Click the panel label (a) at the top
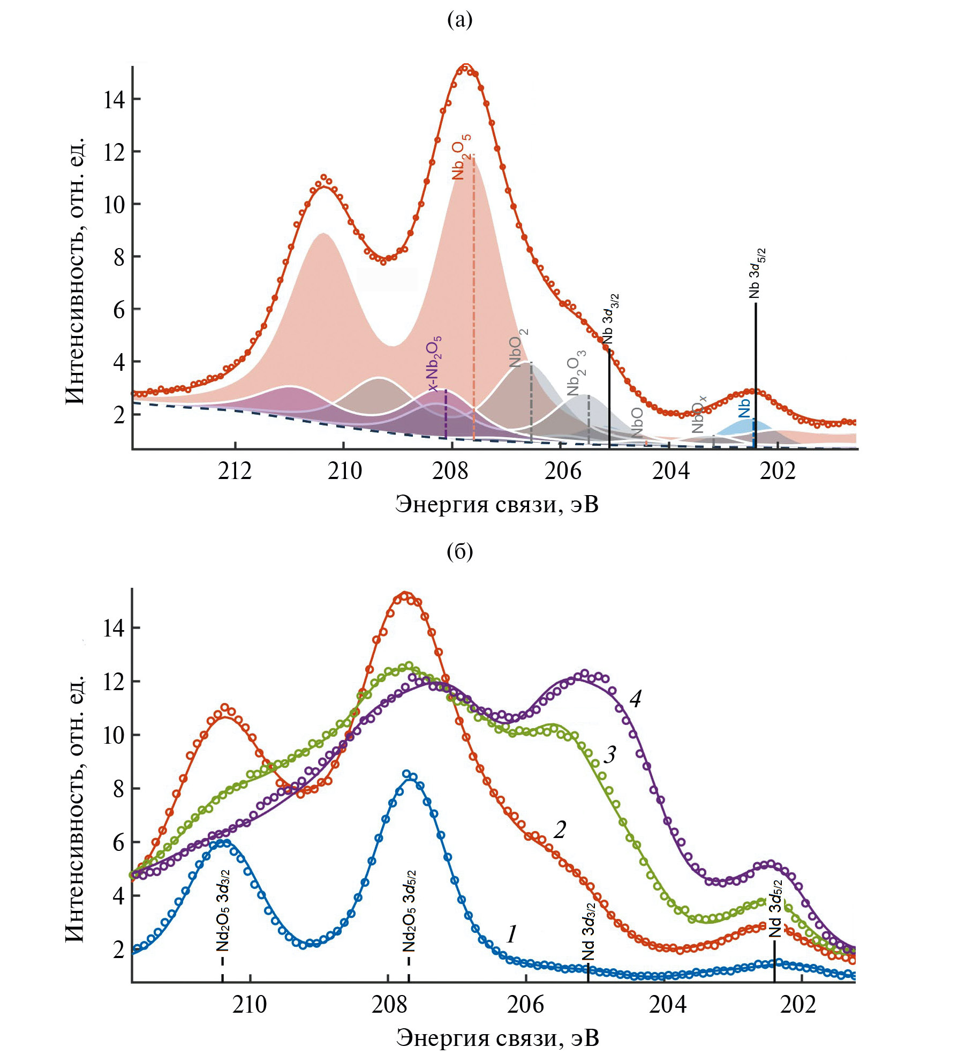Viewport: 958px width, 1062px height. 459,20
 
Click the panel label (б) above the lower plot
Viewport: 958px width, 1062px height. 459,552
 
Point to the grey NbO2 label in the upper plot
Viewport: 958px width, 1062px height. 518,348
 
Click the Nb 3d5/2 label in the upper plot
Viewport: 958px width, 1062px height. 756,273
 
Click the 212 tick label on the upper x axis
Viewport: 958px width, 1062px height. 235,471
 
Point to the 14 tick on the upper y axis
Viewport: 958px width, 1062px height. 114,100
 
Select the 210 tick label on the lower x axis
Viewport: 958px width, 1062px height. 250,1005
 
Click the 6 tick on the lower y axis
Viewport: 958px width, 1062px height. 118,843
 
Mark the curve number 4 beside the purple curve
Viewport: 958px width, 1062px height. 635,699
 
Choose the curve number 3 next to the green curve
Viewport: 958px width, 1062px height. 610,755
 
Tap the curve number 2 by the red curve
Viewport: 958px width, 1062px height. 560,829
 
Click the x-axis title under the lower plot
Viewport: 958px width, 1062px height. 497,1038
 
